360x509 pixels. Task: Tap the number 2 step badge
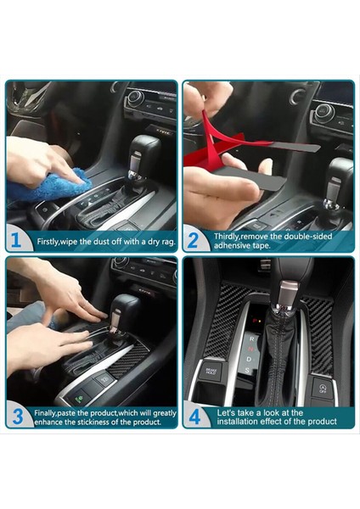pos(194,240)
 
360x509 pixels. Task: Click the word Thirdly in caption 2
pos(230,236)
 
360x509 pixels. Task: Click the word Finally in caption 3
pos(51,413)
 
